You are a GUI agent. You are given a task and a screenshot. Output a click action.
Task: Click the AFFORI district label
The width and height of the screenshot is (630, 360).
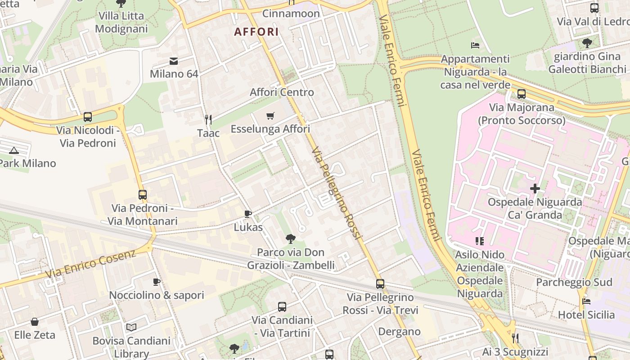pos(256,32)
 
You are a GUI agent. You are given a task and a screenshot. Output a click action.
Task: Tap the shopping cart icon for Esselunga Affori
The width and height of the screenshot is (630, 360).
pos(270,116)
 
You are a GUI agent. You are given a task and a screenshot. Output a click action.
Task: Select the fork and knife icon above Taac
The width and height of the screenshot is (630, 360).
pos(208,119)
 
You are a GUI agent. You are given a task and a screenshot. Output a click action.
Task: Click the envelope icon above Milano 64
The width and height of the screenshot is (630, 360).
pos(174,61)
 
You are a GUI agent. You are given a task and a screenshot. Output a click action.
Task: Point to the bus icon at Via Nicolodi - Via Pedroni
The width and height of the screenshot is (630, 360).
pos(88,117)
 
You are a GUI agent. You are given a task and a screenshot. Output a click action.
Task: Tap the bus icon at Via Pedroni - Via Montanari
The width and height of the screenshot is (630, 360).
pos(143,195)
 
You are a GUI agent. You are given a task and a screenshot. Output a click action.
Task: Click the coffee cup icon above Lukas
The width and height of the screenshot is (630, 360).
pos(247,214)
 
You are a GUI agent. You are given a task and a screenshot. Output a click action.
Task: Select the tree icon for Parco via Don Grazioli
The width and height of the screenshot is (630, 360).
pos(291,238)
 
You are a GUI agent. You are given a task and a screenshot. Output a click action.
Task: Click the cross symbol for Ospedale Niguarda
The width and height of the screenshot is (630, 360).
pos(535,189)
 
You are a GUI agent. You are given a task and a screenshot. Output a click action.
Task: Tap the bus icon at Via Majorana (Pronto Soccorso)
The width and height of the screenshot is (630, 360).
pos(521,94)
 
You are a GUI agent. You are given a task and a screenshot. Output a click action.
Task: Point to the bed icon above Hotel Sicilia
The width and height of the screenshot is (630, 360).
pos(586,301)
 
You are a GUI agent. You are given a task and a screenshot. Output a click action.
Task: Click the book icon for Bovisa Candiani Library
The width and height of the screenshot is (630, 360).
pos(131,327)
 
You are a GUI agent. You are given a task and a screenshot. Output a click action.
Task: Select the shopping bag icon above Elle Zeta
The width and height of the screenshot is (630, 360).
pos(35,322)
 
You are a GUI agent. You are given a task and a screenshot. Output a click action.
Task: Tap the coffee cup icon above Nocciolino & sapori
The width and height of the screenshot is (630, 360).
pos(156,282)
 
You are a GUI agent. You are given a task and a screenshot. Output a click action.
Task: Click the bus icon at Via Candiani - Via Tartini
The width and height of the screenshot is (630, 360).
pos(282,307)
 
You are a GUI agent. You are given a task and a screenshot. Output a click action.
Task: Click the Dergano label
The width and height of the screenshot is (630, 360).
pos(399,332)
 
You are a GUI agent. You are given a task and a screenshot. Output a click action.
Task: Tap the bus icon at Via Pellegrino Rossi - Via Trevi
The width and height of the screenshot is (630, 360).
pos(380,284)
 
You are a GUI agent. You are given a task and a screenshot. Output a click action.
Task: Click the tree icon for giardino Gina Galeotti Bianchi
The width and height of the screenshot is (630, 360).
pos(587,43)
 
